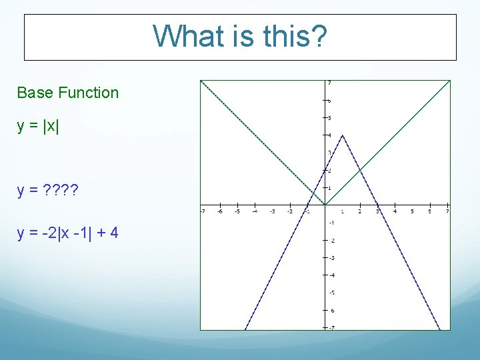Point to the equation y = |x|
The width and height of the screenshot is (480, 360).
38,126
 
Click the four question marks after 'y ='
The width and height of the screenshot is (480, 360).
61,194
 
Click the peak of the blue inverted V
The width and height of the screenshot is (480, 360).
342,135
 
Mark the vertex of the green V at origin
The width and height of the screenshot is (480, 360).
325,205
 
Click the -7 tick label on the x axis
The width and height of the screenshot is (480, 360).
202,212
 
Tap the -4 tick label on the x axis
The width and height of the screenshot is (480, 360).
255,212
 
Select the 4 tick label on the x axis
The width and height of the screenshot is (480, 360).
395,212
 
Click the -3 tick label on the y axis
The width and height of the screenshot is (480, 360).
331,257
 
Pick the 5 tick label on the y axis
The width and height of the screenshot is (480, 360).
330,118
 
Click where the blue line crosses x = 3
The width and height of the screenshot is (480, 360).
377,205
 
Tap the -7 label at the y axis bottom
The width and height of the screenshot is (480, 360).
331,327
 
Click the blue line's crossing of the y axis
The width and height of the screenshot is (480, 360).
325,170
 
